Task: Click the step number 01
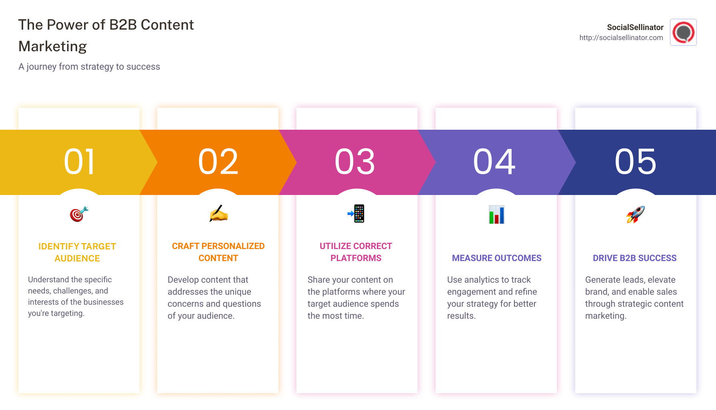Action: [x=80, y=162]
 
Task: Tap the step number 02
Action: [x=218, y=162]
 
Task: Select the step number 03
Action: [x=355, y=162]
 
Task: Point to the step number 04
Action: [x=495, y=162]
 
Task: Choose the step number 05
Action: [x=636, y=162]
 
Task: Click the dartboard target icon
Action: [x=79, y=214]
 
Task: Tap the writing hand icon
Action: [x=218, y=214]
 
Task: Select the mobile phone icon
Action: [x=356, y=213]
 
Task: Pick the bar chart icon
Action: [x=496, y=214]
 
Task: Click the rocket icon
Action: [x=635, y=214]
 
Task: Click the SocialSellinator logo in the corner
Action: [x=683, y=32]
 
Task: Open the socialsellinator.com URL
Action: [x=621, y=38]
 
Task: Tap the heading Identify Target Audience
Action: [x=77, y=252]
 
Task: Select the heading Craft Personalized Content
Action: [x=218, y=252]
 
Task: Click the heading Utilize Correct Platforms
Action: [x=356, y=252]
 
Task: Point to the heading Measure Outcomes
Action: [x=496, y=258]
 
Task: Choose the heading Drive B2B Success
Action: [x=634, y=258]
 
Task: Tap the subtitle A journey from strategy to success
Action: [x=89, y=67]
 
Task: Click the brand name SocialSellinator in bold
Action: [x=635, y=27]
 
